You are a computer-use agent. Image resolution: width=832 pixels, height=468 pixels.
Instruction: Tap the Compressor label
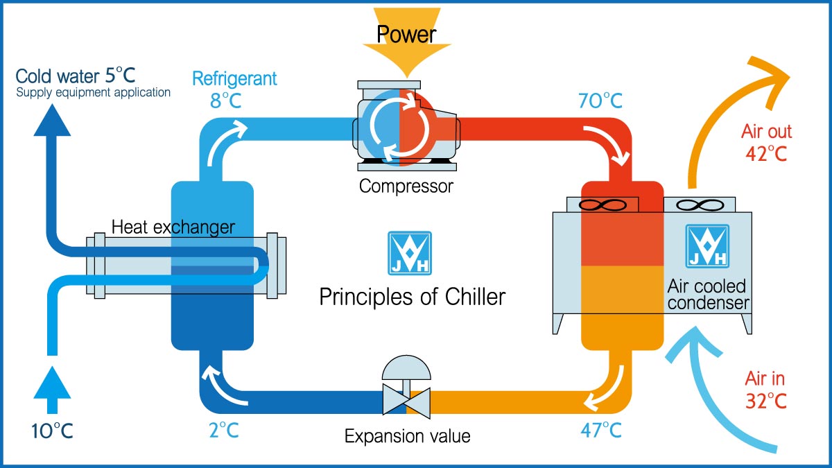tap(406, 186)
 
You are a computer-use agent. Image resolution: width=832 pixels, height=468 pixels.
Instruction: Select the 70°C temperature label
tap(600, 101)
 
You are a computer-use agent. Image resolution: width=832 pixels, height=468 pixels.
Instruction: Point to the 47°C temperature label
tap(600, 430)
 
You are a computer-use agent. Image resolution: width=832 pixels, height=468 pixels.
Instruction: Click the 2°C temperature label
tap(223, 430)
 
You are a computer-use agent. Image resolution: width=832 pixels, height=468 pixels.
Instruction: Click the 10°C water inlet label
tap(52, 431)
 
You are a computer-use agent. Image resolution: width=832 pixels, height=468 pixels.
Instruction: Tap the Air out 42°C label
tap(766, 142)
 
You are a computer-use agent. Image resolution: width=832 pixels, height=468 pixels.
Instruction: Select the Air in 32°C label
tap(765, 390)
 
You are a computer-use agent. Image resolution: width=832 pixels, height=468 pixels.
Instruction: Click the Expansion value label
tap(407, 436)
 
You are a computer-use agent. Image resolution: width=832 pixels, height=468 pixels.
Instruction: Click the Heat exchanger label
tap(173, 227)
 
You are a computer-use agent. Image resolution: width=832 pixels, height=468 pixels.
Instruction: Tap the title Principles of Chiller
tap(412, 297)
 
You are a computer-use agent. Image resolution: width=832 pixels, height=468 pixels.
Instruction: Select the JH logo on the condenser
tap(707, 246)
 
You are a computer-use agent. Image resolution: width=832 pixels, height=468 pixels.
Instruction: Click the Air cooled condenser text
tap(707, 295)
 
